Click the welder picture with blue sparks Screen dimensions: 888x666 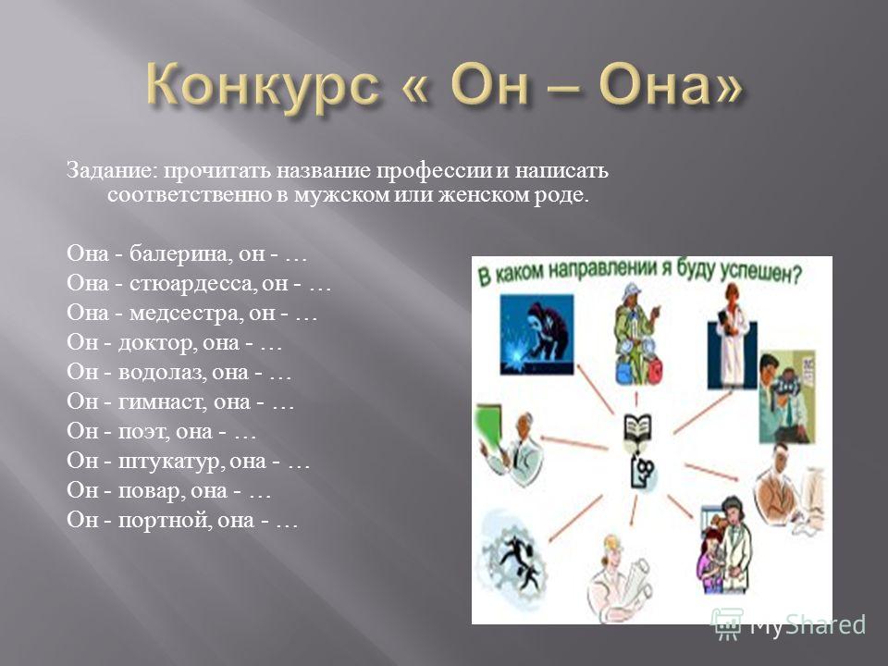[x=536, y=335]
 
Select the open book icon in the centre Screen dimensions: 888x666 [x=637, y=428]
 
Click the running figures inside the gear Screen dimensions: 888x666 [x=513, y=559]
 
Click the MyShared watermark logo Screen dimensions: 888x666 [x=789, y=624]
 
